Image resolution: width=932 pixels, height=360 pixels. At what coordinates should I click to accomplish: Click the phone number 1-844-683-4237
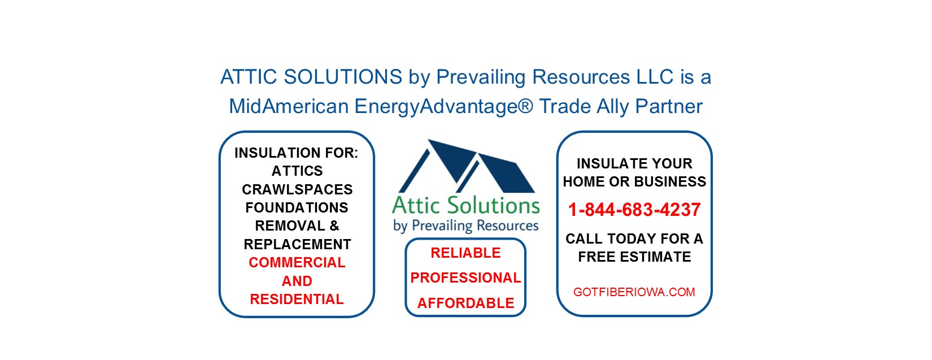click(x=634, y=209)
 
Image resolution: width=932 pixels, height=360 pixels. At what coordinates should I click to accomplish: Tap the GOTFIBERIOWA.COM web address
click(x=634, y=292)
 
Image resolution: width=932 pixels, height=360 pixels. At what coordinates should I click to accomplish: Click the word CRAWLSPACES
click(x=297, y=189)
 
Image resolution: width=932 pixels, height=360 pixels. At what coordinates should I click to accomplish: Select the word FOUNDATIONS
click(x=297, y=207)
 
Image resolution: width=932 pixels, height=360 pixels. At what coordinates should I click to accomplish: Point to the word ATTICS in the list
click(x=297, y=171)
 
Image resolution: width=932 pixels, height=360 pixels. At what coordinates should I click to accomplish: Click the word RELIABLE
click(x=465, y=253)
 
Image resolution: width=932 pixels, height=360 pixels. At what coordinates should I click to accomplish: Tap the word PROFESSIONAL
click(x=465, y=277)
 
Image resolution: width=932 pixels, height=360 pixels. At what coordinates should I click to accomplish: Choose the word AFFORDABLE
click(x=465, y=303)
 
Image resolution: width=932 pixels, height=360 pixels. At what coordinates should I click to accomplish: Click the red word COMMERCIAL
click(x=297, y=262)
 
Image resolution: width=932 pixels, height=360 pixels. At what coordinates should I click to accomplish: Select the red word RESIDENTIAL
click(x=297, y=299)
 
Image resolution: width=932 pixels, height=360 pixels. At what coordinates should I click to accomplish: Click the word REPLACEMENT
click(x=297, y=244)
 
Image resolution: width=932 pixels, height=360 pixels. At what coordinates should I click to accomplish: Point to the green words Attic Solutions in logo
click(x=466, y=205)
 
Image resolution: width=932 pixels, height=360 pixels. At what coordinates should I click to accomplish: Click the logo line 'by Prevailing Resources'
click(x=466, y=226)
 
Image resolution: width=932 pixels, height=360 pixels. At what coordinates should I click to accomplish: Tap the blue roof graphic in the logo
click(x=466, y=167)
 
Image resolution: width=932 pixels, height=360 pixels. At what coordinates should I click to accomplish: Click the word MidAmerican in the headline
click(x=289, y=106)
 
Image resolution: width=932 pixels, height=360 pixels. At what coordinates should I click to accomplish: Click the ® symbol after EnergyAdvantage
click(x=526, y=105)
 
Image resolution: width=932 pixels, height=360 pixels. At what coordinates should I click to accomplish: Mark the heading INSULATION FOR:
click(x=296, y=153)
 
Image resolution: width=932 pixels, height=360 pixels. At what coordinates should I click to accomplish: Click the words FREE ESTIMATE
click(x=634, y=257)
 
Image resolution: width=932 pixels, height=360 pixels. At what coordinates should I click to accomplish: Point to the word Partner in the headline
click(x=669, y=106)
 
